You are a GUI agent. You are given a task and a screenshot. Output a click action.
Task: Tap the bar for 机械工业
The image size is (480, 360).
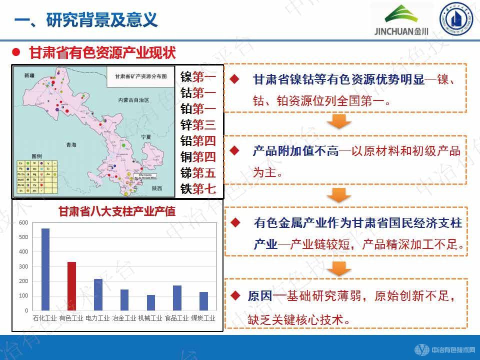tap(150, 302)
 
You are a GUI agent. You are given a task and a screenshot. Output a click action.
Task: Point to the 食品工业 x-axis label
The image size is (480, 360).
tap(176, 317)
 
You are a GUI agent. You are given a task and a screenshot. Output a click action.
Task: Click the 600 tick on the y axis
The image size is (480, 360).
tap(23, 222)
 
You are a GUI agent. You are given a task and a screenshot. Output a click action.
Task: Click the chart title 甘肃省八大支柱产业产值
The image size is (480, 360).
tap(117, 211)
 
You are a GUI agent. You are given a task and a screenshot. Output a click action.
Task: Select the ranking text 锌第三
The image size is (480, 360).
tap(198, 124)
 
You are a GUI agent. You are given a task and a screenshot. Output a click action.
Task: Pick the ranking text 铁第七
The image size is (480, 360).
tap(198, 188)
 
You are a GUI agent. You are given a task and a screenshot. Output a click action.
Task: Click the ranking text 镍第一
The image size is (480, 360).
tap(198, 77)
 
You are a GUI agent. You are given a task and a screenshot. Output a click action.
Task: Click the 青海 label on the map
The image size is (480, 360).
tap(71, 145)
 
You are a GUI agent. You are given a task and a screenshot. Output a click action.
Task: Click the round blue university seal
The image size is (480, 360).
tap(455, 19)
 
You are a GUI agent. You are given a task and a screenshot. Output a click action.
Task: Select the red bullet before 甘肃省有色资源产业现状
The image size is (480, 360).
tap(16, 52)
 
